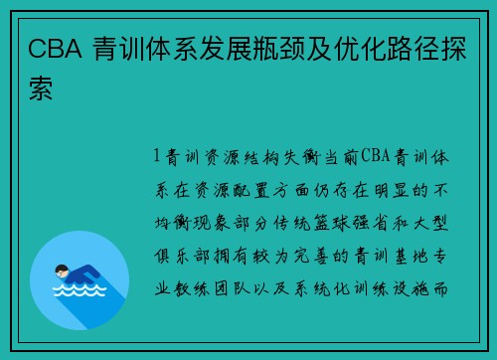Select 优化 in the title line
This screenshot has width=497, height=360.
[394, 50]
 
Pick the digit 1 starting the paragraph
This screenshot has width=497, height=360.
[157, 156]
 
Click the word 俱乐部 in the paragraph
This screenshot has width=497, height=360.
[179, 256]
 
